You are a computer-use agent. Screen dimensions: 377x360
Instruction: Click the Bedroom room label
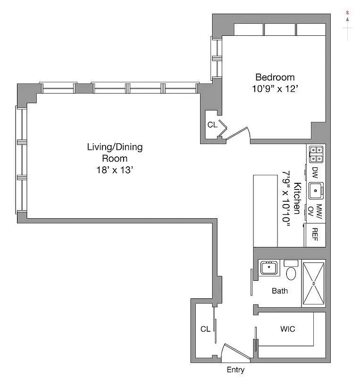[x=275, y=77]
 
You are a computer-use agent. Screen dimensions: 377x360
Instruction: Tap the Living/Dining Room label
[x=115, y=153]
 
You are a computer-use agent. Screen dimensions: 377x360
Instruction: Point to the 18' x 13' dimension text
[x=115, y=170]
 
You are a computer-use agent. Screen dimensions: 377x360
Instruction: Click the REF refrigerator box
[x=315, y=235]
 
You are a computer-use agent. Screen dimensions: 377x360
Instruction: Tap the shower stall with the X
[x=314, y=283]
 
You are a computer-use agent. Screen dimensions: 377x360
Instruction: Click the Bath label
[x=279, y=291]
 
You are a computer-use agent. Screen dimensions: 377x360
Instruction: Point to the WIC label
[x=287, y=329]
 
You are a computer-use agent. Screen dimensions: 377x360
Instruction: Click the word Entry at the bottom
[x=235, y=370]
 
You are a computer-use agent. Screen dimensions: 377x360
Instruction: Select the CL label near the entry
[x=205, y=329]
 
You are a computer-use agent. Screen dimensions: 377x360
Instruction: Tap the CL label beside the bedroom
[x=212, y=125]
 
